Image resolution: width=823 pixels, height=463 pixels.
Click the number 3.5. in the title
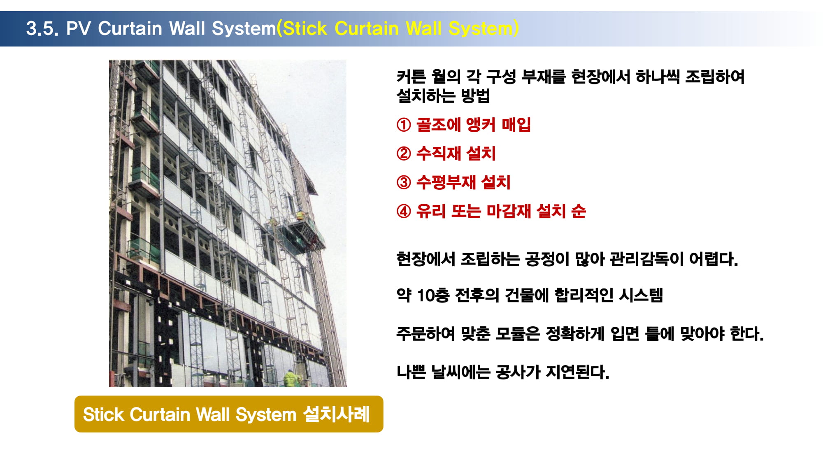[42, 28]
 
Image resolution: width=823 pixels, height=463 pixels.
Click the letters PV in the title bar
[79, 28]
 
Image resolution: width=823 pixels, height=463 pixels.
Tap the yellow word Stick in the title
[305, 28]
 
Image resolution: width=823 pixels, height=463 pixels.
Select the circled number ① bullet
[404, 125]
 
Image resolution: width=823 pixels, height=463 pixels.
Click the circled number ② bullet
[404, 154]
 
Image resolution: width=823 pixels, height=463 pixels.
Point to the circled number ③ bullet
[404, 182]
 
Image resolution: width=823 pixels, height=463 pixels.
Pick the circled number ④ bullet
[404, 211]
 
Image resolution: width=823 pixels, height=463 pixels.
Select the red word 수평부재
[446, 182]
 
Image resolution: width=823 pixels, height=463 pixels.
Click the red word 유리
[431, 211]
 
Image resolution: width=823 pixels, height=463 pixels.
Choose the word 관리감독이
[646, 259]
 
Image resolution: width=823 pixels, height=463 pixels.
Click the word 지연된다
[577, 372]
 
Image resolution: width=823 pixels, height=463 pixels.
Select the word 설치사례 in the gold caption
[337, 414]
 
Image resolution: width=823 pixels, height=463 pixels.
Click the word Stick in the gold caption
[104, 414]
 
